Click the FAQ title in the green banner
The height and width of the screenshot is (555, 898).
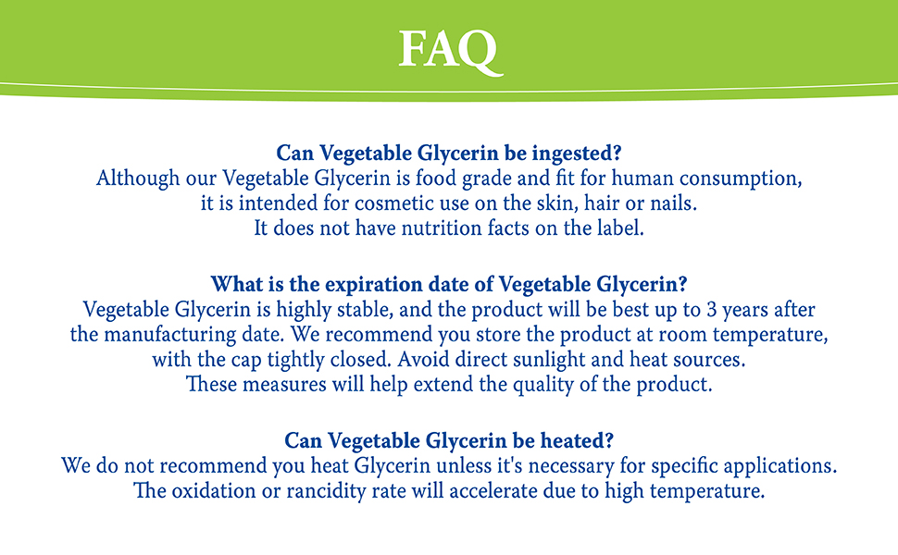pos(449,50)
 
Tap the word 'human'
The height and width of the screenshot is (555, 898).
pos(626,178)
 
